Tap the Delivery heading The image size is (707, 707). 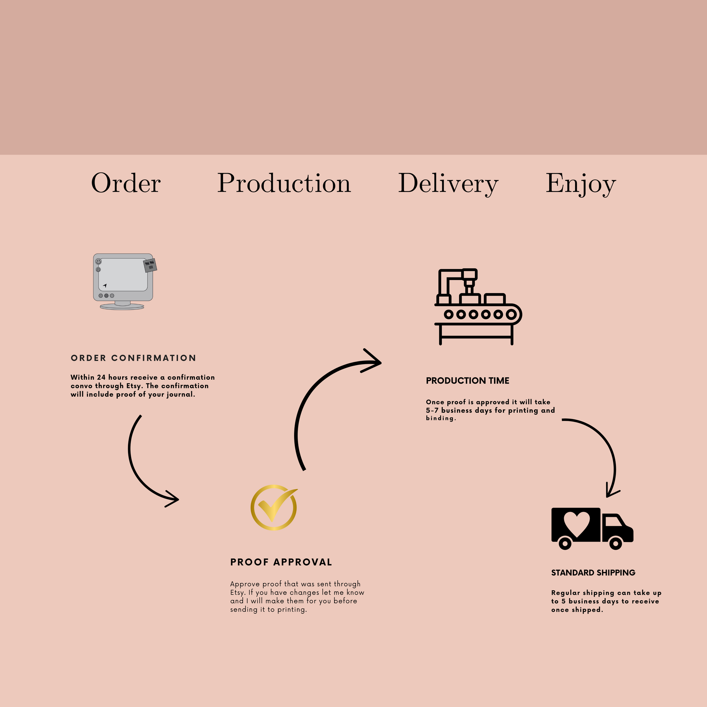pos(448,184)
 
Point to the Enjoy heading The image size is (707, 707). pos(581,184)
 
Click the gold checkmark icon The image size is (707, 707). pos(274,507)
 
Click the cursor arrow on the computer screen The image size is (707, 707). pos(105,285)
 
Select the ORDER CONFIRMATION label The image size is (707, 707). pos(133,358)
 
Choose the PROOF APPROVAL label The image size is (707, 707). pos(281,562)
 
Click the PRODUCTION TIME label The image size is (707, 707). pos(467,380)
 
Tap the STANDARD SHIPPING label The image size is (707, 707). pos(593,573)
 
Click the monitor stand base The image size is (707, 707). pos(122,306)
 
